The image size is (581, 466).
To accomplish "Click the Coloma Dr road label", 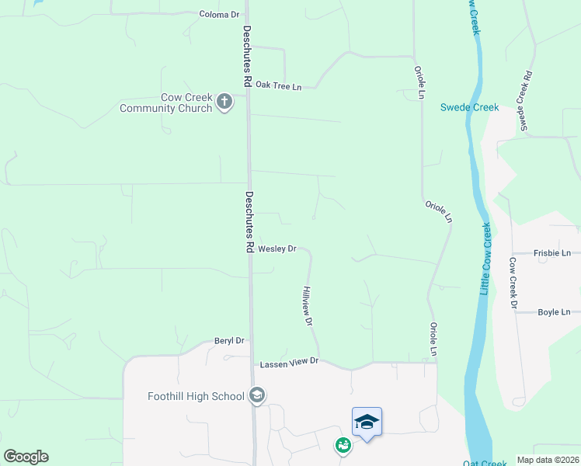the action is pos(219,15).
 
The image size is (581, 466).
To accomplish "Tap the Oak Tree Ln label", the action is pos(278,85).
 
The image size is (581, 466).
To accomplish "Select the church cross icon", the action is pos(224,102).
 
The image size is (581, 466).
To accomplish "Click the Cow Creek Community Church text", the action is pos(165,103).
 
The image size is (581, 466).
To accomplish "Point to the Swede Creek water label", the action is pos(469,107).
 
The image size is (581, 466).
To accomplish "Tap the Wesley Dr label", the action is pos(277,249).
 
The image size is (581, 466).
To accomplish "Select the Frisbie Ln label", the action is pos(552,253).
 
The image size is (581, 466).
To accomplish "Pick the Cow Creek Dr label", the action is pos(513,283).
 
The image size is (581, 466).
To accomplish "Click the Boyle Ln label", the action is pos(555,312).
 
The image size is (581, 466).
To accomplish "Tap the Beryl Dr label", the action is pos(229,341).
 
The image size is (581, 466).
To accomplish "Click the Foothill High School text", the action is pos(196,396).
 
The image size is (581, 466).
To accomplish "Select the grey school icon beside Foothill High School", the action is pos(257,396).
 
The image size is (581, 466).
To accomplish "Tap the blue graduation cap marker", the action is pos(367,422).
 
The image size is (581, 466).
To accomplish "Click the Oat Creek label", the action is pos(485,463).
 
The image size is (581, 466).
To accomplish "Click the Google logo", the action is pos(26,457).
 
